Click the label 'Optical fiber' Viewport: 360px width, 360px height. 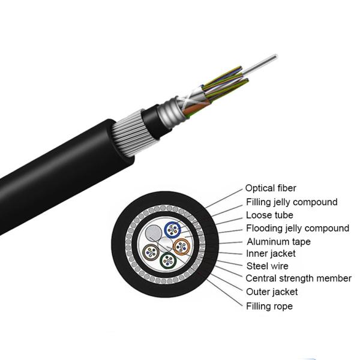[271, 188]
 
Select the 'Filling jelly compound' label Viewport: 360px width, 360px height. [292, 202]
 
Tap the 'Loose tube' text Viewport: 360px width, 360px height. [269, 215]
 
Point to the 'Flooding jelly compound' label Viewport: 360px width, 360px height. [298, 228]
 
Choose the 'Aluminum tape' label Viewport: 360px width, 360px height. [279, 242]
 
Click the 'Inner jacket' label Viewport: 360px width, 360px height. [271, 254]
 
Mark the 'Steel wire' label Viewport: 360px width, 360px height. [267, 266]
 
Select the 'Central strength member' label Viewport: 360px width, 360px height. [298, 278]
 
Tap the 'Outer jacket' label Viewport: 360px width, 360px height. [272, 292]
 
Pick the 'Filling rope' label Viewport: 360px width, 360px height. [269, 306]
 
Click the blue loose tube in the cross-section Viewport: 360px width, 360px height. [173, 230]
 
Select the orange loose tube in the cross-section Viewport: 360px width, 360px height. [181, 247]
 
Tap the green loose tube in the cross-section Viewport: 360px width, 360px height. [168, 260]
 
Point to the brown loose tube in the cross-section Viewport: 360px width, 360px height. [151, 252]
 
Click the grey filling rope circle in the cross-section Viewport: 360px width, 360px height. [154, 233]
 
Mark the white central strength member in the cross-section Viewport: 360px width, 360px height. [166, 245]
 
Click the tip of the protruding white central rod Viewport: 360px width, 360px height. [276, 56]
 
